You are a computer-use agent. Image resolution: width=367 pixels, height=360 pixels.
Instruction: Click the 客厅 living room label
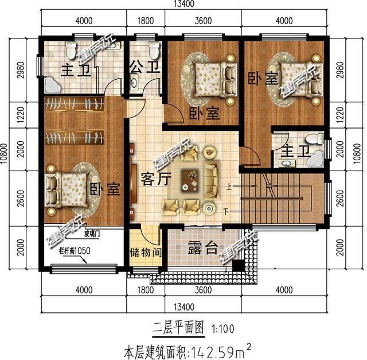coord(155,179)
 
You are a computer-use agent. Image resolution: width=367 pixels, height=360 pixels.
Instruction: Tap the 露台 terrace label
coord(203,248)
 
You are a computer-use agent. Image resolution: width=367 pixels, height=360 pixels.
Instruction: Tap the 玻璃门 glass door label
coord(107,235)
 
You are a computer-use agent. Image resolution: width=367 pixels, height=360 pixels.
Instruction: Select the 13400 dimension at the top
coord(183,5)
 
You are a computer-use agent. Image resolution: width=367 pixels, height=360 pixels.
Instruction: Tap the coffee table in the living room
coord(189,180)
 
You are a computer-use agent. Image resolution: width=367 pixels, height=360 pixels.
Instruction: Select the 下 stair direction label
coord(226,212)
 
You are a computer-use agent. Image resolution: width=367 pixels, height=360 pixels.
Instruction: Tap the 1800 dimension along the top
coord(146,21)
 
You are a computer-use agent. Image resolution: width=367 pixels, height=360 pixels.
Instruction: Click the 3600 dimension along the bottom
coord(202,291)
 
